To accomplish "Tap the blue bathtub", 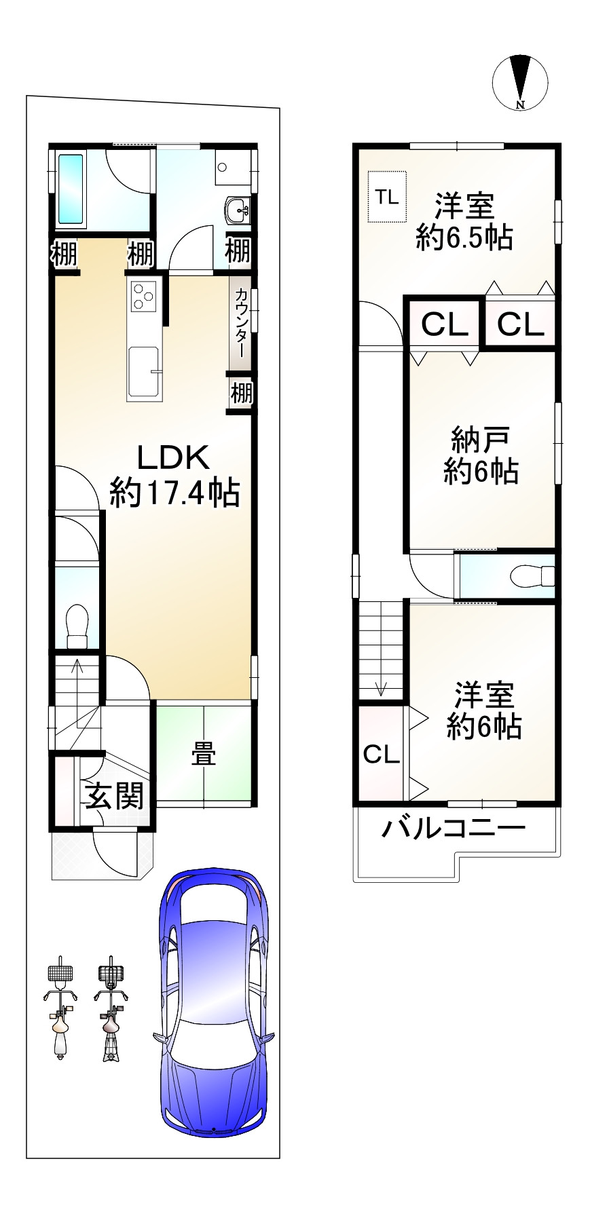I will point(71,189).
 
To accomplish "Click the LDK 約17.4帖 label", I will point(174,475).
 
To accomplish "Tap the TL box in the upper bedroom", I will point(387,197).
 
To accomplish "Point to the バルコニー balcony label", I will point(453,829).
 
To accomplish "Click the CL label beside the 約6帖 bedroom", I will point(381,754).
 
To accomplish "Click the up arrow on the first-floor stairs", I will point(77,669).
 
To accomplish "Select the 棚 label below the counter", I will point(241,393).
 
